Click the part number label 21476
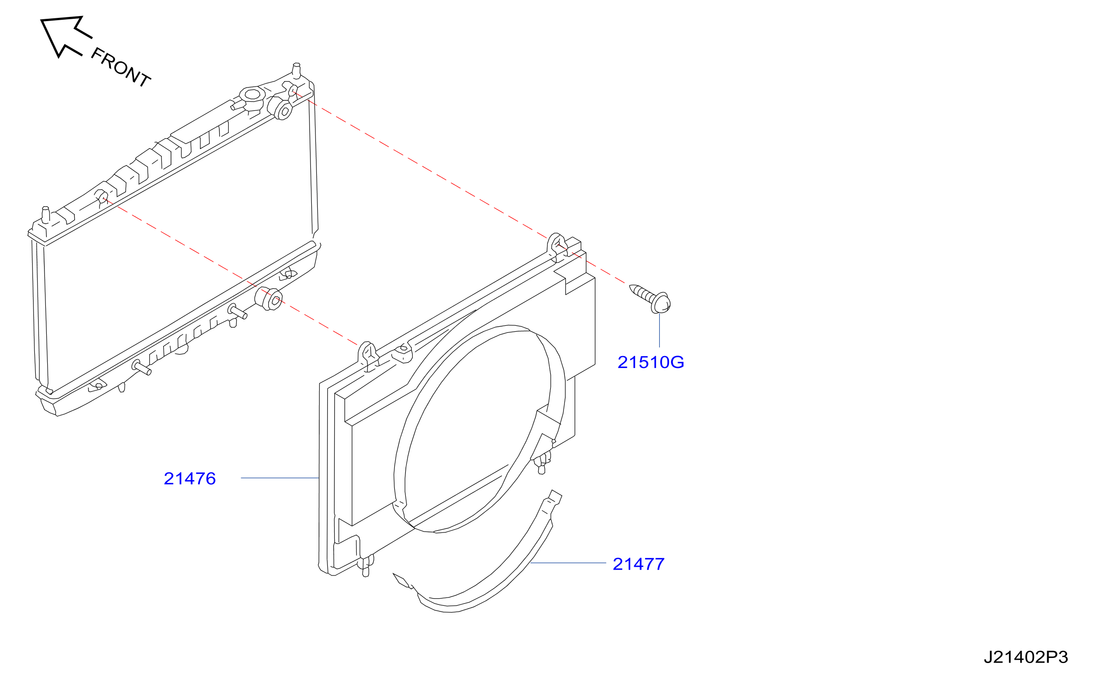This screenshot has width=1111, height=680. pos(189,478)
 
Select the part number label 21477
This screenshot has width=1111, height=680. pos(639,564)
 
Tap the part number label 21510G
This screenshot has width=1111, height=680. pos(651,362)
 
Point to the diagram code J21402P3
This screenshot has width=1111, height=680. pos(1026,657)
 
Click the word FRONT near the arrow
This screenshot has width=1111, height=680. pos(121,67)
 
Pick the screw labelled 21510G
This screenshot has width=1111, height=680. pos(650,298)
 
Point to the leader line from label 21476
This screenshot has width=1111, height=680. pos(280,478)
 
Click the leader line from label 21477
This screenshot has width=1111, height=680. pos(568,563)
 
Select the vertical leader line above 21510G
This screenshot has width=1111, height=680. pos(659,330)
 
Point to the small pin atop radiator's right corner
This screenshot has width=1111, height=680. pos(297,69)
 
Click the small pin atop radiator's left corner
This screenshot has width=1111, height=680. pos(45,215)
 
